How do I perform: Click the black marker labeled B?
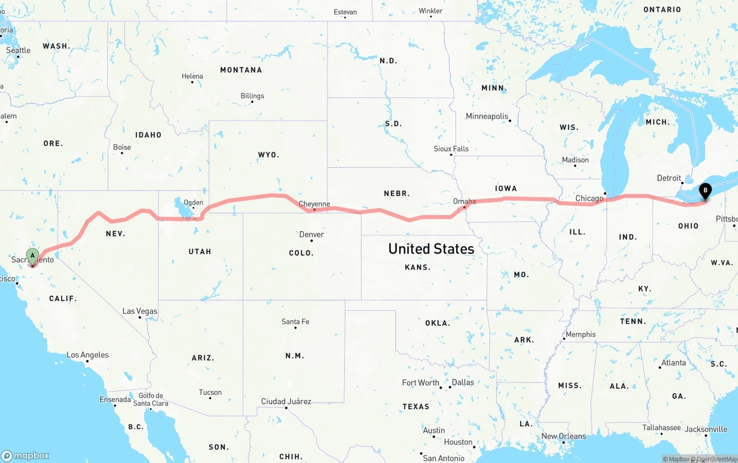[x=705, y=191]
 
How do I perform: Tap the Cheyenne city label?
[x=314, y=204]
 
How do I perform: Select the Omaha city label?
[x=465, y=201]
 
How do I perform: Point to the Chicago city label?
[x=589, y=198]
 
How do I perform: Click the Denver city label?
[x=311, y=234]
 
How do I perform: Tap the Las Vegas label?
[x=140, y=311]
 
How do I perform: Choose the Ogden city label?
[x=193, y=202]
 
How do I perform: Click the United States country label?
[x=431, y=249]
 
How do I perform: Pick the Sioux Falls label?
[x=451, y=149]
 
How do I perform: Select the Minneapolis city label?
[x=487, y=116]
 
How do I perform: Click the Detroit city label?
[x=669, y=178]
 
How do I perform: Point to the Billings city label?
[x=252, y=96]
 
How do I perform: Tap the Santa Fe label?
[x=295, y=321]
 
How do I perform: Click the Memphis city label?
[x=581, y=334]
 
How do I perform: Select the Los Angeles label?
[x=88, y=355]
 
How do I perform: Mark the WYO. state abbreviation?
[x=268, y=155]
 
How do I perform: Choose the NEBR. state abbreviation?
[x=397, y=193]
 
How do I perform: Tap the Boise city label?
[x=122, y=148]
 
